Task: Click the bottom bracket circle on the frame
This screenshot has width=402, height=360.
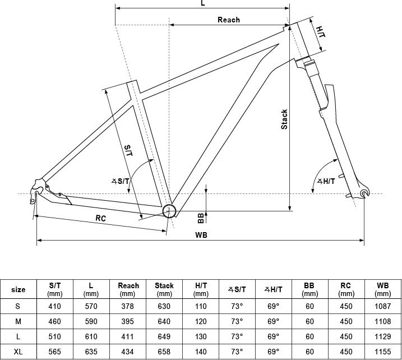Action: (x=169, y=211)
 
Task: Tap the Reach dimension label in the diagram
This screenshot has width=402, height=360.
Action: (x=229, y=20)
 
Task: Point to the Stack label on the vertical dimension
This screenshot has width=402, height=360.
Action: (x=284, y=119)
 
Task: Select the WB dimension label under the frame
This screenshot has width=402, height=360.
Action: (x=201, y=235)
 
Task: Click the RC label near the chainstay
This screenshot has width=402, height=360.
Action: (x=101, y=218)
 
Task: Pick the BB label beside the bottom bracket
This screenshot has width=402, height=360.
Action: (x=201, y=218)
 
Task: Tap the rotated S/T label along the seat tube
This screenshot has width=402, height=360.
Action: (x=128, y=150)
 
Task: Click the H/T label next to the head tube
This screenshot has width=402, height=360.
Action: (x=321, y=32)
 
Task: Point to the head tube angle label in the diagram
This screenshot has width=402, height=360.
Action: (x=326, y=181)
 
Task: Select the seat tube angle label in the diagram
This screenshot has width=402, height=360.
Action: (x=120, y=181)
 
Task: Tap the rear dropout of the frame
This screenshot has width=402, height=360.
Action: (x=36, y=193)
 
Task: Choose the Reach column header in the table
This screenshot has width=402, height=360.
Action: (x=128, y=289)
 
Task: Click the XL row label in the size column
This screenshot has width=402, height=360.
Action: (x=18, y=351)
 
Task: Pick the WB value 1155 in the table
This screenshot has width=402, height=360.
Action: (x=383, y=351)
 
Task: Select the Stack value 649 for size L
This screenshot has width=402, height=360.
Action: (x=164, y=336)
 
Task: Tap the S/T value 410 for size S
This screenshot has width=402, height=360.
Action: (x=54, y=306)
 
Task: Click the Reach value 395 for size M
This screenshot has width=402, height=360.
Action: (x=128, y=321)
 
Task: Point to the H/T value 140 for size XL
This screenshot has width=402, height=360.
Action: (x=201, y=351)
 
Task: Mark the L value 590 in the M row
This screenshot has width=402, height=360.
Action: (x=91, y=321)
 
